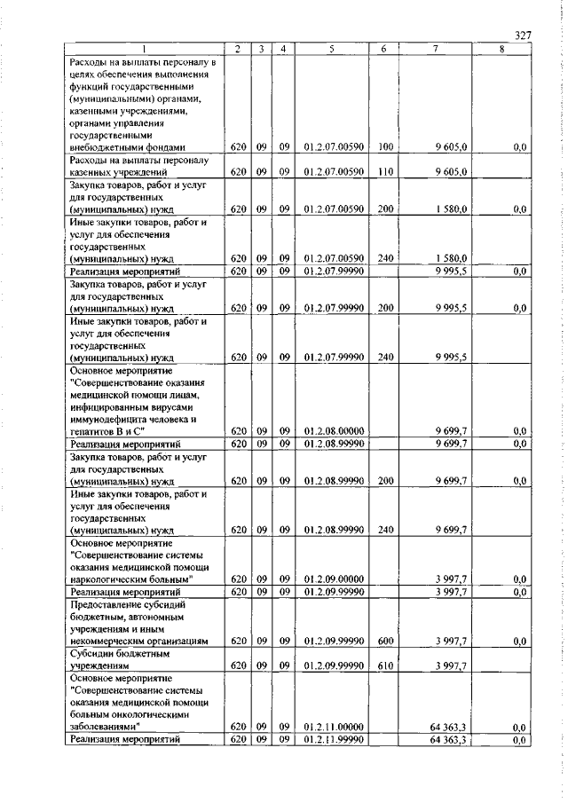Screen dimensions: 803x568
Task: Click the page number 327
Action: click(523, 35)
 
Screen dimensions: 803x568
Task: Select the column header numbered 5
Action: click(327, 50)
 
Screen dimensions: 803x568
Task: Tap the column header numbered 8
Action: click(501, 50)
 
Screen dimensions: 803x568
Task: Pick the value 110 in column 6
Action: click(384, 172)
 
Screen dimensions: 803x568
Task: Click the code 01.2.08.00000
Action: click(327, 430)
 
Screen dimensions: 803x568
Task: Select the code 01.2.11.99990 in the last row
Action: click(327, 738)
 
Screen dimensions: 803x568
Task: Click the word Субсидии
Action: click(92, 652)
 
